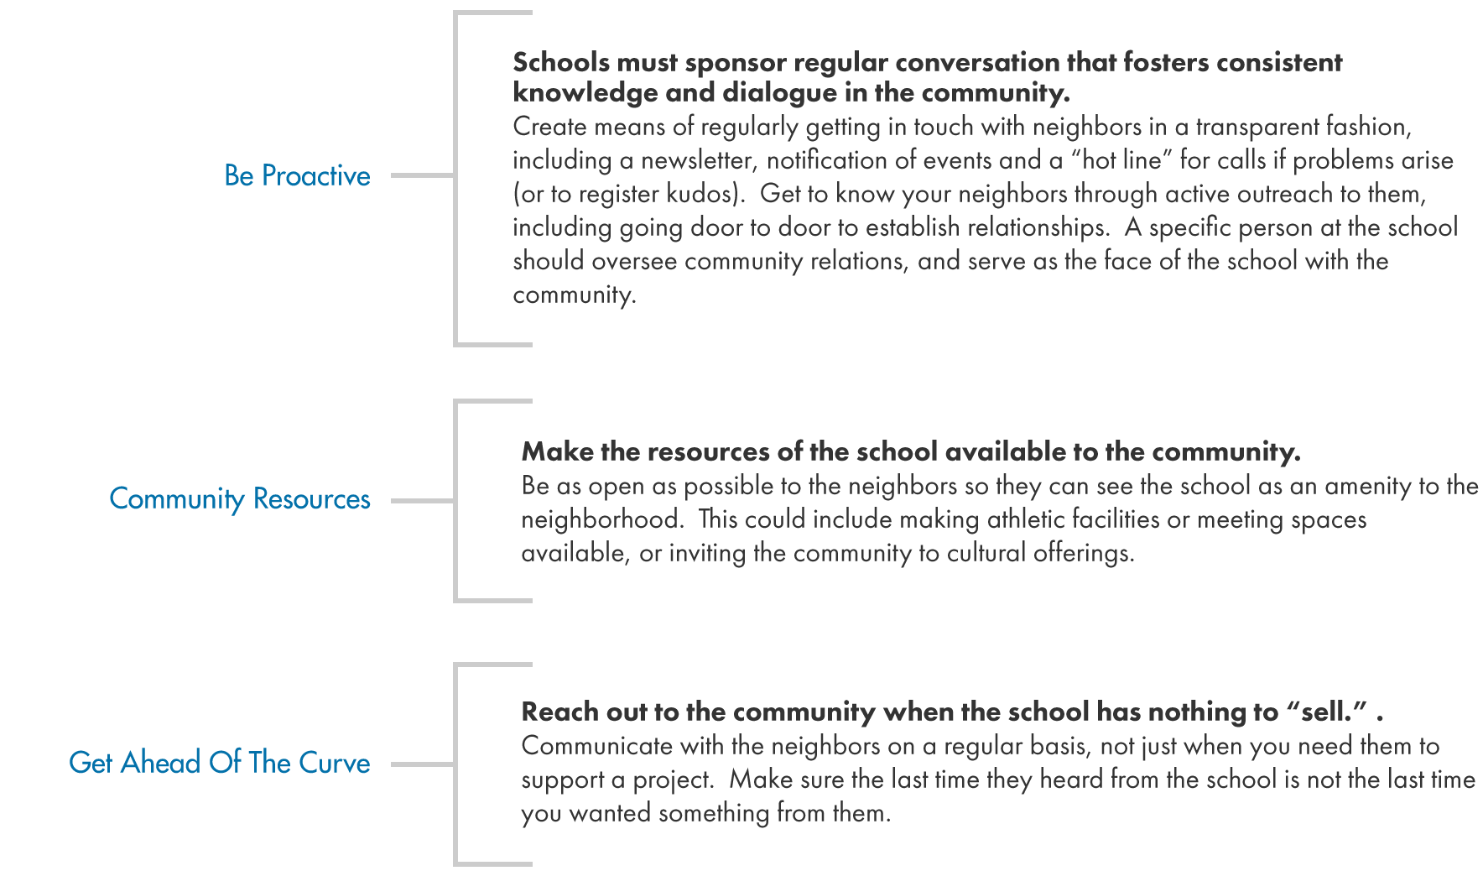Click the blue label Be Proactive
coord(297,175)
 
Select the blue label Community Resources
coord(239,499)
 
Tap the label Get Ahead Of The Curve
coord(219,763)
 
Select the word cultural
coord(986,553)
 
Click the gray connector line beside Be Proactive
coord(422,175)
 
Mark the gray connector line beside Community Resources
coord(422,501)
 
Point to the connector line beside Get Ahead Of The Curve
coord(422,764)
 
